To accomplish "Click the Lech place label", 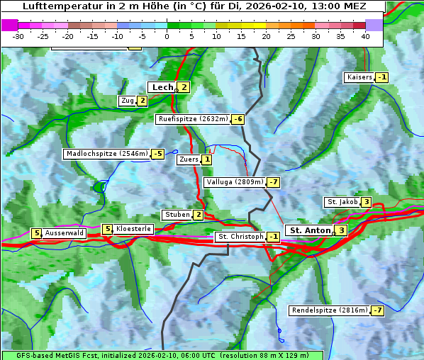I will pyautogui.click(x=162, y=87).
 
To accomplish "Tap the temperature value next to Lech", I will pyautogui.click(x=184, y=87).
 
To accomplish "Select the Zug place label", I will pyautogui.click(x=127, y=101).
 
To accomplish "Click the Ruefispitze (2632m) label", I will pyautogui.click(x=193, y=119).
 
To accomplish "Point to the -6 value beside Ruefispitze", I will pyautogui.click(x=238, y=119).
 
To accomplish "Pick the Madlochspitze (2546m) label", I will pyautogui.click(x=106, y=154).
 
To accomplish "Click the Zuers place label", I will pyautogui.click(x=188, y=159).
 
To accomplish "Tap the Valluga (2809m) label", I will pyautogui.click(x=235, y=182).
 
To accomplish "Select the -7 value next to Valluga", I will pyautogui.click(x=274, y=182).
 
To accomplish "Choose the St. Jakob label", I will pyautogui.click(x=342, y=202).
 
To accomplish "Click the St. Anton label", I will pyautogui.click(x=311, y=230).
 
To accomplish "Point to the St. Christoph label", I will pyautogui.click(x=240, y=236).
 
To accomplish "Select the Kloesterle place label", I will pyautogui.click(x=133, y=229).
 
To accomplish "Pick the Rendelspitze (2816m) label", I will pyautogui.click(x=330, y=310).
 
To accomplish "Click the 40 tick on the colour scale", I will pyautogui.click(x=365, y=36).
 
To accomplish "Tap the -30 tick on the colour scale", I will pyautogui.click(x=18, y=36).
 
